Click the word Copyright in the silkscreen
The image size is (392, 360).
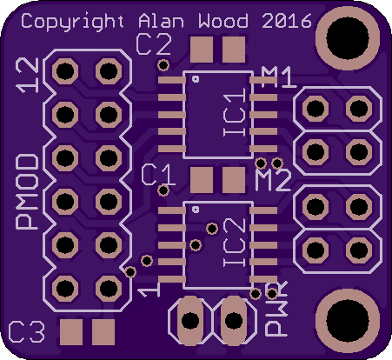72,22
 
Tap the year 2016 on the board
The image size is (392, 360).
287,21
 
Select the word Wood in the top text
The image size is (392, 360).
223,21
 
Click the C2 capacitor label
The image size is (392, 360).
154,44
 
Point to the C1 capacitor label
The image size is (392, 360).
158,175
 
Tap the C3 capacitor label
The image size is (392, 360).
27,331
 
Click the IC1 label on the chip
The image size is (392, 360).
235,112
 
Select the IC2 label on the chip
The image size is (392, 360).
235,243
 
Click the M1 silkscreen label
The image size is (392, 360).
279,77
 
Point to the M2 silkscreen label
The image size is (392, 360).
273,180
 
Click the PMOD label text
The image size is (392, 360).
27,192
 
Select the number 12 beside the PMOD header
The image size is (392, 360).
28,76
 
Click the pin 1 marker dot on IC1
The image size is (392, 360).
196,79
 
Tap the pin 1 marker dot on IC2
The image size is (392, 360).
196,209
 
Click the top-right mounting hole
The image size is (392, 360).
348,38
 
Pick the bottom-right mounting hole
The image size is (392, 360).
348,321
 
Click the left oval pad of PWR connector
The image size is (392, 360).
190,321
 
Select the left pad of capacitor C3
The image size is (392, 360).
71,332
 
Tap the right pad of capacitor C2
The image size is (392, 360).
234,50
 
